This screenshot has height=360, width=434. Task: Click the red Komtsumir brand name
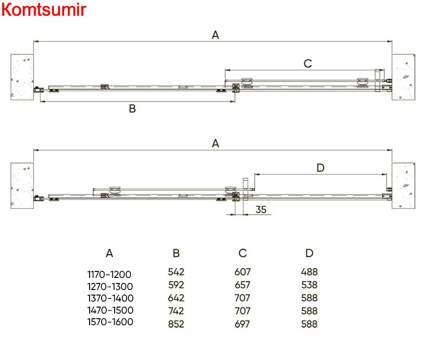tap(44, 9)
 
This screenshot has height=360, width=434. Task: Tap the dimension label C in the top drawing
tap(308, 64)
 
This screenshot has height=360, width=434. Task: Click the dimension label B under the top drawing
tap(132, 109)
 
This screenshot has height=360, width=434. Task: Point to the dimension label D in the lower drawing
tap(320, 167)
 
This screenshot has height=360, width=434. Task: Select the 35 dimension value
tap(261, 210)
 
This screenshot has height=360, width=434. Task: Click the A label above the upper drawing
tap(215, 35)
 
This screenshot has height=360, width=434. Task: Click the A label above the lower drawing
tap(215, 143)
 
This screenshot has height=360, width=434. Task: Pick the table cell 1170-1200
tap(109, 275)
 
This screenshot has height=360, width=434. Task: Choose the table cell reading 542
tap(176, 272)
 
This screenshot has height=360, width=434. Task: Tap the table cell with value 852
tap(176, 324)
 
